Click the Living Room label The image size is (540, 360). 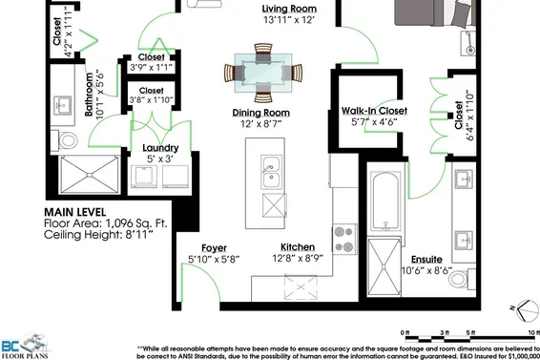[289, 9]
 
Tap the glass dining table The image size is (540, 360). [263, 73]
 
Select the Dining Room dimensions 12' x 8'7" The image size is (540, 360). [261, 124]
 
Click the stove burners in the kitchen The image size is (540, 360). [344, 239]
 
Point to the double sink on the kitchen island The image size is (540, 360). [271, 172]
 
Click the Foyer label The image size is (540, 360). [215, 248]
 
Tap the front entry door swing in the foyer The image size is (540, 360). [200, 282]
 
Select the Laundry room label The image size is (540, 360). [160, 148]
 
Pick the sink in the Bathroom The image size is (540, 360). [62, 105]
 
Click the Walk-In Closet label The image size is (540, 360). [374, 111]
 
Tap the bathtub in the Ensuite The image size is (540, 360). [385, 201]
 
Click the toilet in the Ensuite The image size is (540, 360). [462, 278]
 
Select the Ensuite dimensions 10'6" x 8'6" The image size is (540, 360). [427, 270]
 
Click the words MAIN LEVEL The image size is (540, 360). [75, 212]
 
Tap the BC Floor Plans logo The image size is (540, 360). [26, 346]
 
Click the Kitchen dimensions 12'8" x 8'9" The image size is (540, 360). [298, 258]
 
